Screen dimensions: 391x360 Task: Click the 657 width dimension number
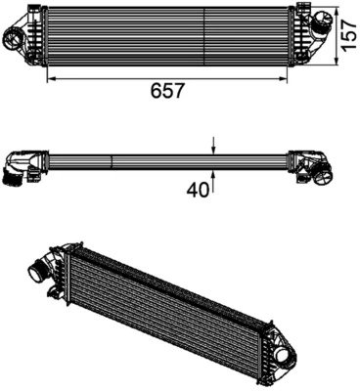click(166, 91)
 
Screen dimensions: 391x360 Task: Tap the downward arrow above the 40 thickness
click(214, 148)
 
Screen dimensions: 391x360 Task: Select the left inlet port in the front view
click(17, 39)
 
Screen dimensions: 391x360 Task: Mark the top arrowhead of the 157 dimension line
click(337, 8)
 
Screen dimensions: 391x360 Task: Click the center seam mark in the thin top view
click(112, 159)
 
